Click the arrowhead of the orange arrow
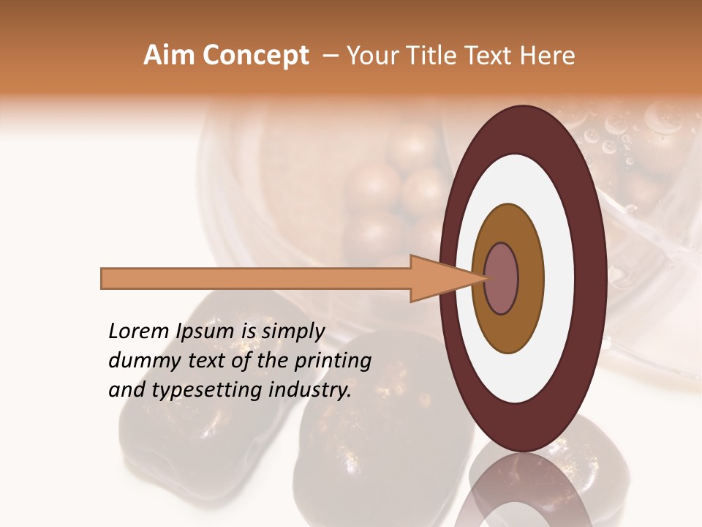[439, 278]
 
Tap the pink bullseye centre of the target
[501, 278]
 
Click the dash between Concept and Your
[330, 56]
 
